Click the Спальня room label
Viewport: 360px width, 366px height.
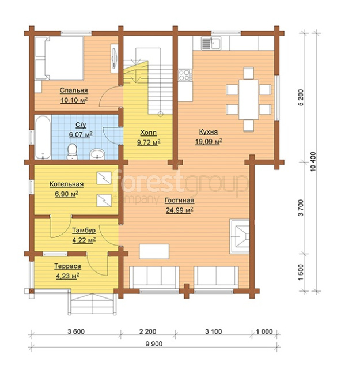(x=74, y=90)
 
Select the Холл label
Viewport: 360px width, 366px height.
(x=149, y=133)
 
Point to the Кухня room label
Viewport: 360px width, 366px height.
(x=209, y=131)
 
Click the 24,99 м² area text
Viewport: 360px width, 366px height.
(x=179, y=210)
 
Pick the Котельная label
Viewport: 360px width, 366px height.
(x=66, y=184)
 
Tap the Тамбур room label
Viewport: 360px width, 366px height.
(x=84, y=231)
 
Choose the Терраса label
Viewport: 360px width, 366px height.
(x=67, y=266)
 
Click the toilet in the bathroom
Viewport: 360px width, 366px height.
(x=73, y=151)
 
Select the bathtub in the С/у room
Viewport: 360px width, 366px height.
(x=43, y=137)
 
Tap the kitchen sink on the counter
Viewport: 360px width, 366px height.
(x=211, y=43)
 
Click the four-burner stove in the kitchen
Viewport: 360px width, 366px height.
(x=185, y=75)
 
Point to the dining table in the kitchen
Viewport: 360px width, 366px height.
(x=248, y=100)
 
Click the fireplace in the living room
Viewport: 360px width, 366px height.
(x=240, y=236)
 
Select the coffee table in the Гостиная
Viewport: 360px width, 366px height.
(x=154, y=251)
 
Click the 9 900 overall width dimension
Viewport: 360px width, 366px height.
(x=154, y=344)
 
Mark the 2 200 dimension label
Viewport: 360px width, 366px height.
(x=147, y=331)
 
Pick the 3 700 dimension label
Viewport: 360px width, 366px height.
(x=301, y=207)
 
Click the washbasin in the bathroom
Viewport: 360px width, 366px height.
(x=97, y=154)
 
